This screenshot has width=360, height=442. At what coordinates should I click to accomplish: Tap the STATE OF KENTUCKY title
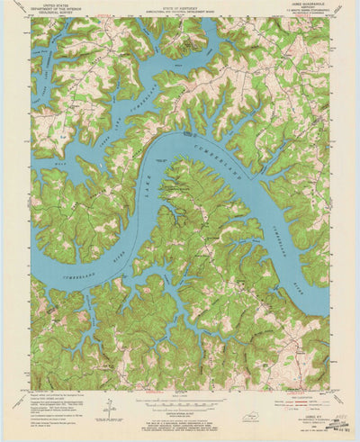pos(180,6)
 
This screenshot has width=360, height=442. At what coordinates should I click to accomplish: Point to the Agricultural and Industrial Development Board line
pos(180,11)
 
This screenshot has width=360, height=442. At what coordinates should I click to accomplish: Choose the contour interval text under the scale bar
pos(180,406)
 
